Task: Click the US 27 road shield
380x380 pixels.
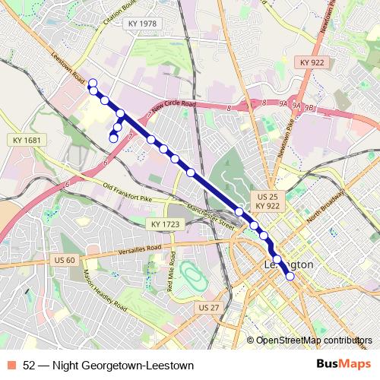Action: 207,307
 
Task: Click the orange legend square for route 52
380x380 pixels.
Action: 13,366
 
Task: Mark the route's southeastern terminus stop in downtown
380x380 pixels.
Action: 290,277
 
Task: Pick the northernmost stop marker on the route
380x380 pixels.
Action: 93,82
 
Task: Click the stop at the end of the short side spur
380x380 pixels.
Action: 113,138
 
